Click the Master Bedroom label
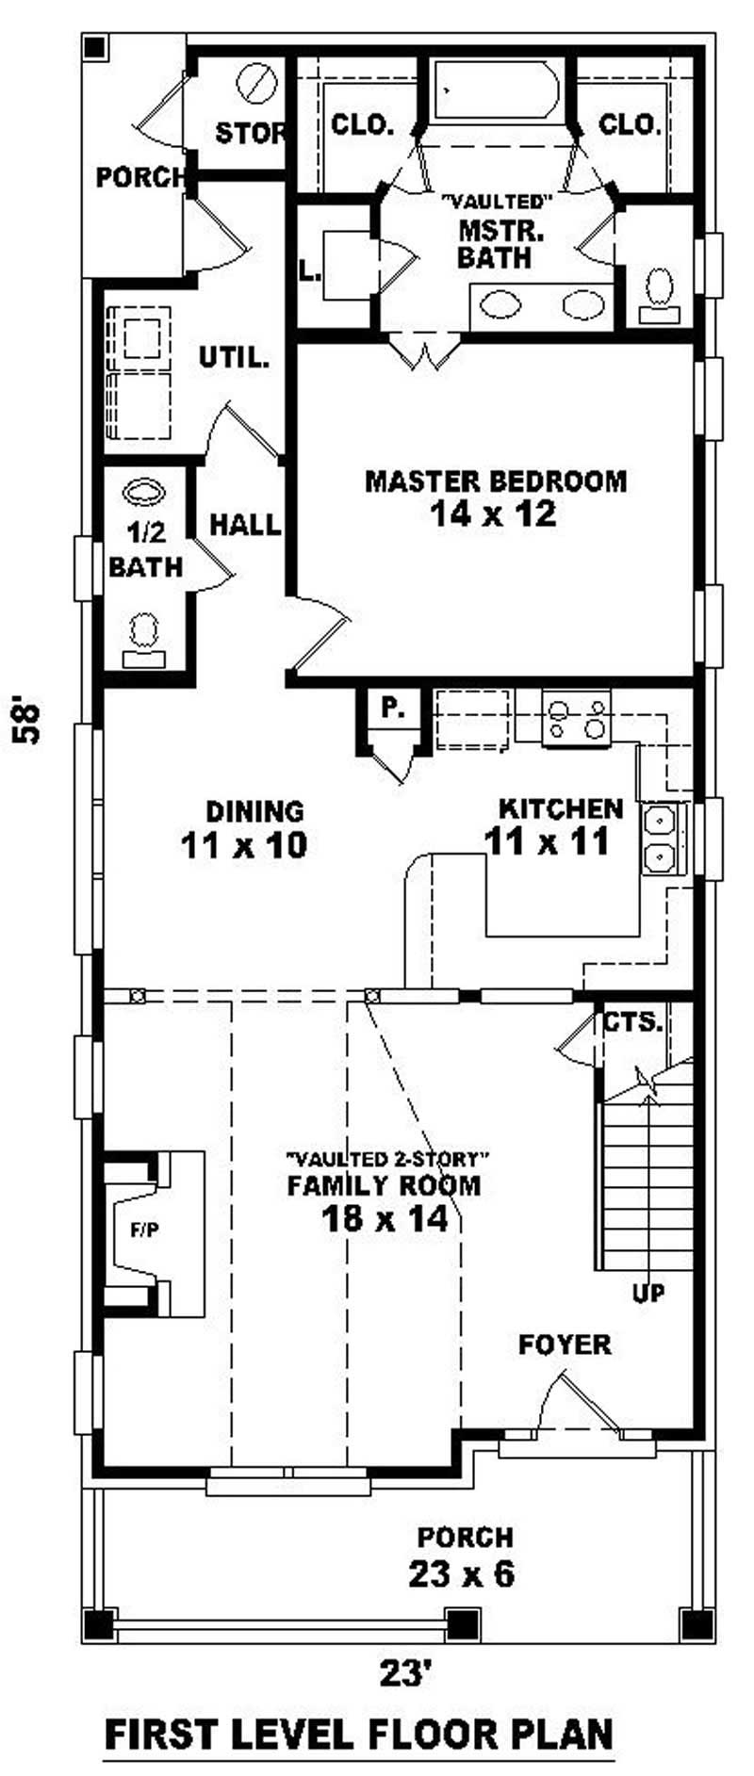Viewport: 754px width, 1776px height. tap(496, 481)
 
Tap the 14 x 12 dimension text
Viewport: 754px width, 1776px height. tap(494, 514)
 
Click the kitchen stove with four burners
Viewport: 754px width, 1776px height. tap(576, 719)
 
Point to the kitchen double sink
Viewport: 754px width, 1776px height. tap(660, 839)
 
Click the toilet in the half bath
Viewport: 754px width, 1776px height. tap(143, 638)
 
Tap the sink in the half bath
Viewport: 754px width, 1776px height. tap(143, 493)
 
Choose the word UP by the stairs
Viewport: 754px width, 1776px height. tap(648, 1294)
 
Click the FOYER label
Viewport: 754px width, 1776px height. tap(565, 1345)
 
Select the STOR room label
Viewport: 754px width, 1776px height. tap(250, 133)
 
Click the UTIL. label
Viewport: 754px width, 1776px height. tap(235, 358)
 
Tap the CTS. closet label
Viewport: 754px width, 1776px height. tap(633, 1021)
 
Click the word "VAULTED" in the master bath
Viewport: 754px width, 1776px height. tap(496, 202)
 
